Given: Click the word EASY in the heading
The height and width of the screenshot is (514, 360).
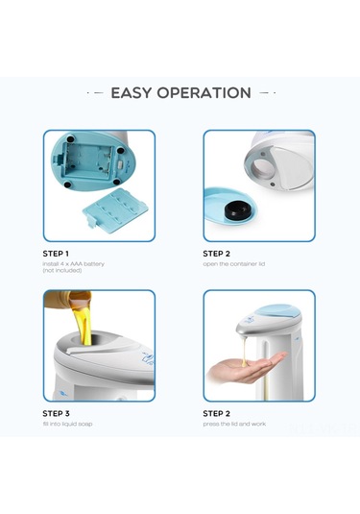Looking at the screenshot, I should click(134, 93).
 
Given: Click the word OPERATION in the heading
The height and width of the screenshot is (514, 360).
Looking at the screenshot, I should click(206, 93).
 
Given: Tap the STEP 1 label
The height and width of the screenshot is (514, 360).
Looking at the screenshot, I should click(62, 254).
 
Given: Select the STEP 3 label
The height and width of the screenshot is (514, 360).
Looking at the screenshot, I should click(62, 413).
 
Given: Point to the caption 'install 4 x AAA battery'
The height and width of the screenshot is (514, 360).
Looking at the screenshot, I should click(84, 264).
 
